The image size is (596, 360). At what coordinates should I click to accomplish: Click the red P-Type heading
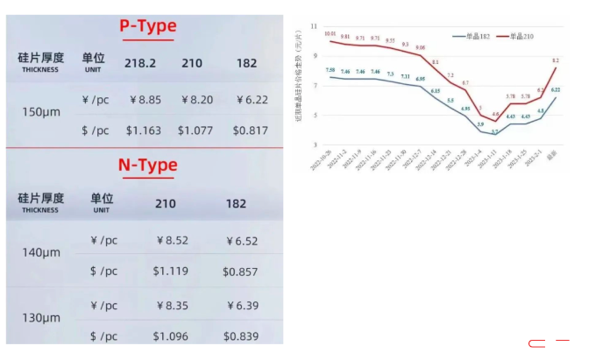[147, 26]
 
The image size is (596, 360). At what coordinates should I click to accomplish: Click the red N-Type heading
[147, 165]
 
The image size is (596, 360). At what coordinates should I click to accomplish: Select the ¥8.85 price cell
[145, 100]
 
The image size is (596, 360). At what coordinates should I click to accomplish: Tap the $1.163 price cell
[144, 130]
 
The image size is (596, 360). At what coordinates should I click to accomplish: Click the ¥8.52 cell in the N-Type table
[171, 240]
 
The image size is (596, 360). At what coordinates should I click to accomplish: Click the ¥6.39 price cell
[242, 305]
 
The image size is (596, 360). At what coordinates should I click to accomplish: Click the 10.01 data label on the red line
[330, 34]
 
